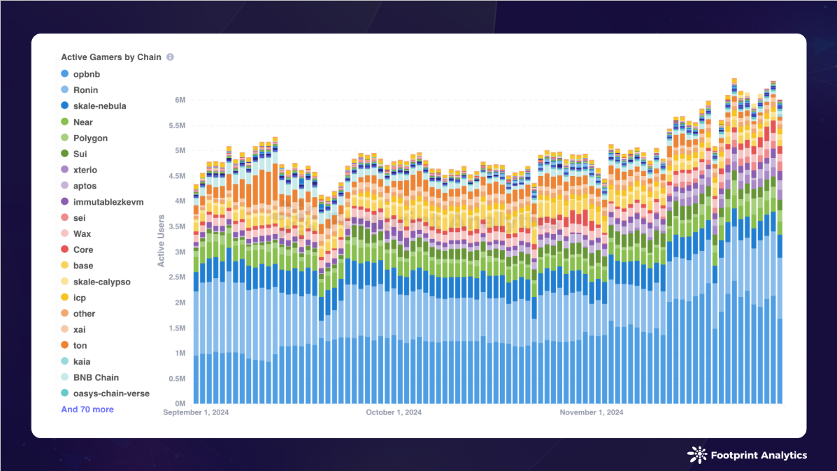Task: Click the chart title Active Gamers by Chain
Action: [111, 57]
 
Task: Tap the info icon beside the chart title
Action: [170, 57]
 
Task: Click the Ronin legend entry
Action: [85, 90]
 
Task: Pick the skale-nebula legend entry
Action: [99, 106]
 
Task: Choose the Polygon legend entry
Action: [90, 138]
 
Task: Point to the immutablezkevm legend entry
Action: [108, 202]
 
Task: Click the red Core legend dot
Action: [64, 249]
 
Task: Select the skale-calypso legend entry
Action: [101, 282]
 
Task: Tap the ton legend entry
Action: [80, 345]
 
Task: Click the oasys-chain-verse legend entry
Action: [111, 393]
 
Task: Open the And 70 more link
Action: [87, 410]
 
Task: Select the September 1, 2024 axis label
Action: [196, 412]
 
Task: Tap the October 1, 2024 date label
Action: [394, 412]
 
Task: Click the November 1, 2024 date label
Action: [592, 412]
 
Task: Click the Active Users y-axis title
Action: [162, 240]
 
